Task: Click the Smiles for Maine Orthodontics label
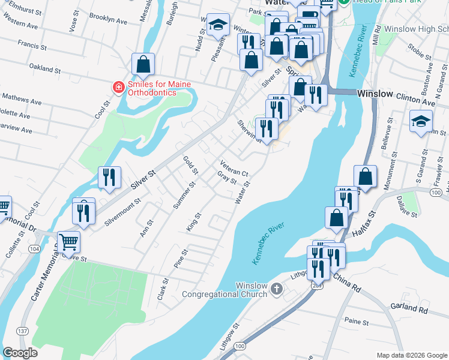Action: tap(152, 88)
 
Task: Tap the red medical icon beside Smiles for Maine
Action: tap(118, 88)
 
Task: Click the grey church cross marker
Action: tap(276, 289)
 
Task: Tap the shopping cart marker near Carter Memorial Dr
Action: tap(68, 242)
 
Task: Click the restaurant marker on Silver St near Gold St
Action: tap(109, 177)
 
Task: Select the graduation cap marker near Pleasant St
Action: tap(217, 25)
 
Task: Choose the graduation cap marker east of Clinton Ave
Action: tap(421, 121)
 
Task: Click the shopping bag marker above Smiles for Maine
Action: tap(143, 64)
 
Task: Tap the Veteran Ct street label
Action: tap(234, 167)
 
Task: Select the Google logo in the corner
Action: tap(20, 353)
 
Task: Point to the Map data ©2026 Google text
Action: tap(411, 355)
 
